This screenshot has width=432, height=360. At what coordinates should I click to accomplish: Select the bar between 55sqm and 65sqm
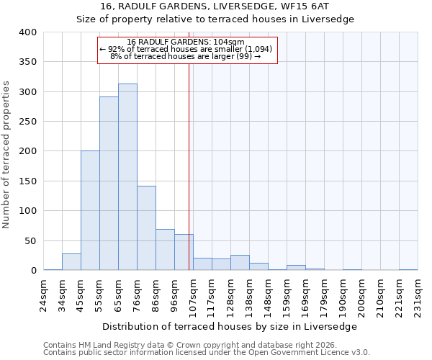pos(109,184)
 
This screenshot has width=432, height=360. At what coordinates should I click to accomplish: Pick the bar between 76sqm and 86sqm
pos(146,228)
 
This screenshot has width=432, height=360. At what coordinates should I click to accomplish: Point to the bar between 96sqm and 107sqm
pos(184,252)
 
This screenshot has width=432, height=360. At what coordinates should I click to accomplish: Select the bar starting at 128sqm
pos(240,263)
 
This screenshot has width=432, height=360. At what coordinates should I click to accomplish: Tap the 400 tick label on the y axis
pos(27,32)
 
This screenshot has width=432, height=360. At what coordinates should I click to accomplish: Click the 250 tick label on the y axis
pos(27,122)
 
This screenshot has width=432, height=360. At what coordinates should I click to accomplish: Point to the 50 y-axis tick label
pos(30,240)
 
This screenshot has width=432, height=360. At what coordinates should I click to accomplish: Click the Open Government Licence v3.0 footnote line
pos(206,353)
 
